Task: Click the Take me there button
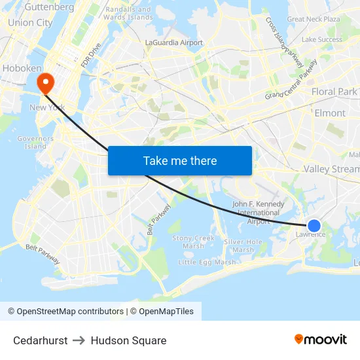click(x=179, y=160)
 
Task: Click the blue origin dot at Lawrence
click(x=314, y=226)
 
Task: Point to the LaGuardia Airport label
click(x=173, y=43)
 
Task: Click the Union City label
click(x=30, y=22)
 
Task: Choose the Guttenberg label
click(x=49, y=7)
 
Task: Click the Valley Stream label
click(x=332, y=169)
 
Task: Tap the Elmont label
click(x=330, y=113)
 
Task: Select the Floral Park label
click(x=334, y=92)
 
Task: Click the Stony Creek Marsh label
click(x=193, y=242)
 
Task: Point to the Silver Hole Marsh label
click(x=243, y=245)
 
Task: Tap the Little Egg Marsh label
click(x=207, y=262)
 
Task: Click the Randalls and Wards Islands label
click(x=128, y=13)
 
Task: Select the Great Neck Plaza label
click(x=314, y=19)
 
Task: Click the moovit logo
click(x=321, y=339)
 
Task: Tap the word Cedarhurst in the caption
click(x=40, y=340)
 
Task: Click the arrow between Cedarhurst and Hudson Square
click(x=79, y=340)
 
